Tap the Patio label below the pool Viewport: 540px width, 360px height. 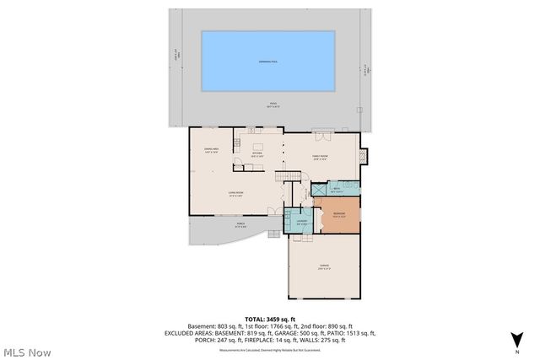(x=268, y=105)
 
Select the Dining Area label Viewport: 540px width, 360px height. (x=212, y=151)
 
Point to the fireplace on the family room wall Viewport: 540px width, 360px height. (x=364, y=156)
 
